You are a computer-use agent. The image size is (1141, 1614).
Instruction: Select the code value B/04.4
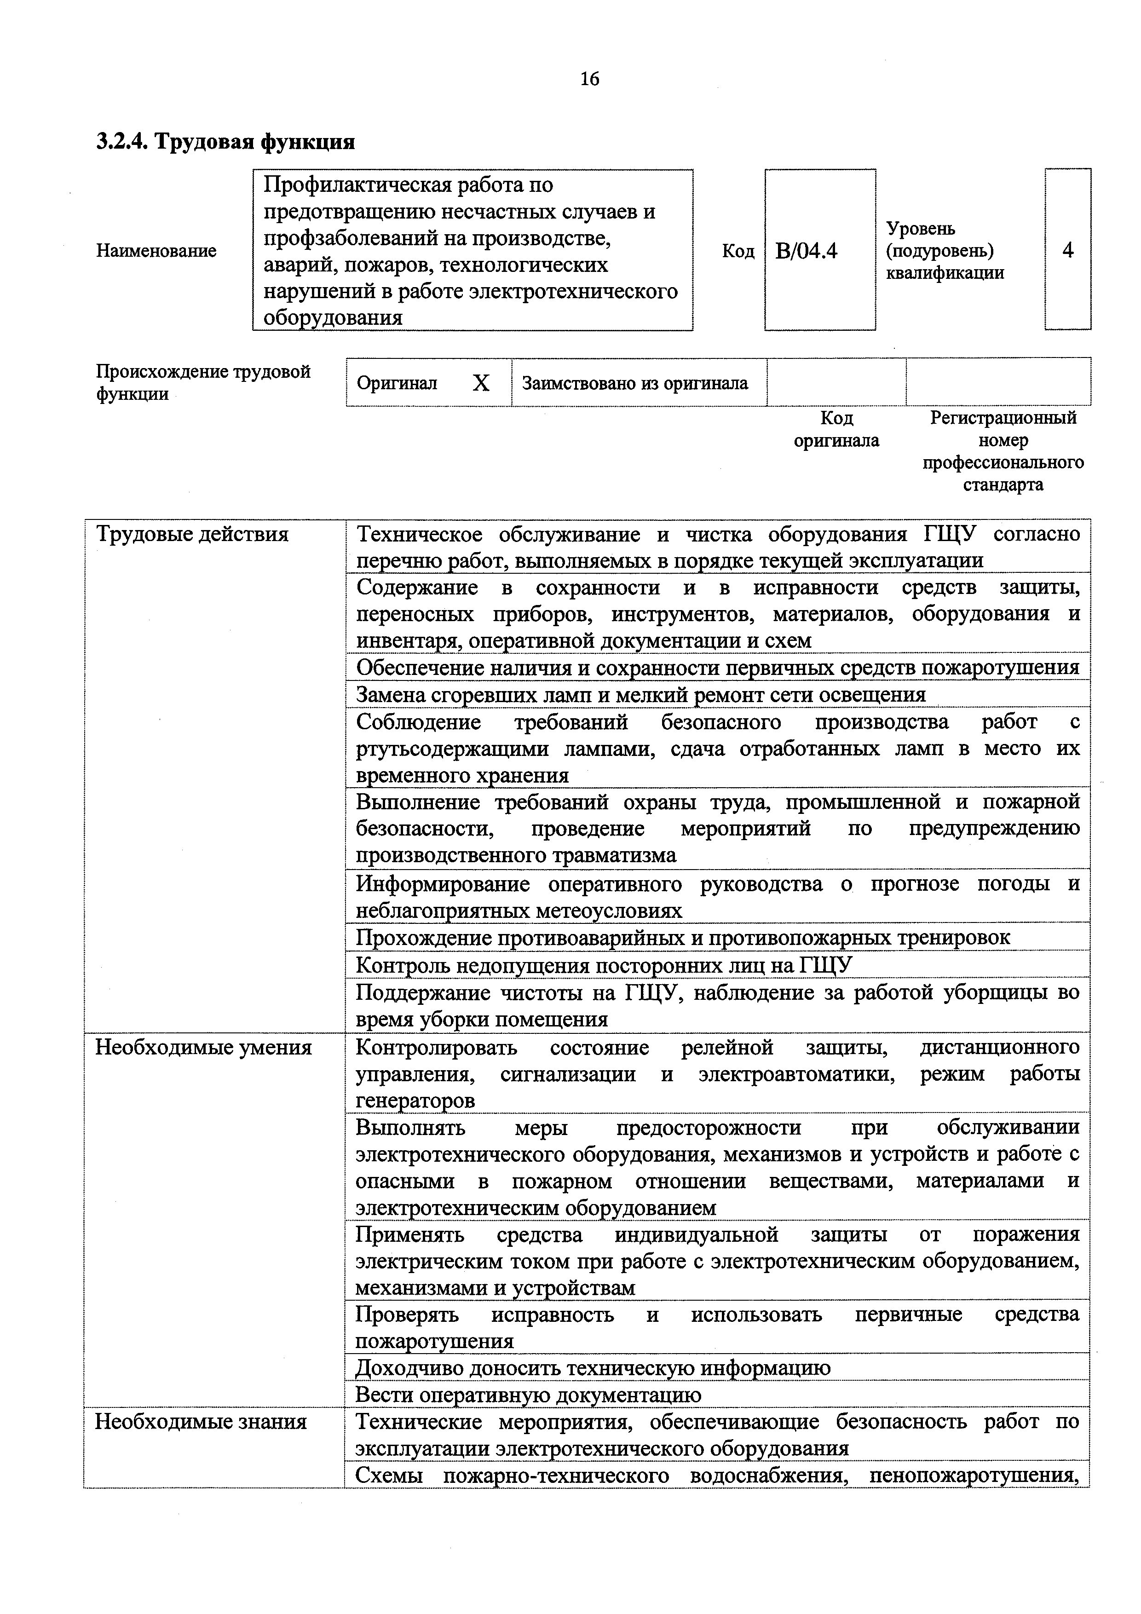point(807,251)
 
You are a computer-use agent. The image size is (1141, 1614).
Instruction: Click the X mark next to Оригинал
point(481,383)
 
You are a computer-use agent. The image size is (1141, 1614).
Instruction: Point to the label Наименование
point(156,251)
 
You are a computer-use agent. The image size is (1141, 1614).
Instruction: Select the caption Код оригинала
point(836,430)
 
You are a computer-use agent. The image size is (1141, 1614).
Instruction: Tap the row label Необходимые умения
point(203,1048)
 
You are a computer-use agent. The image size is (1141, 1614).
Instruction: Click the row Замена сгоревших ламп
point(640,695)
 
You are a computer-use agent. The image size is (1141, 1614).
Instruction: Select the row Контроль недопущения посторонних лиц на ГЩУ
point(603,965)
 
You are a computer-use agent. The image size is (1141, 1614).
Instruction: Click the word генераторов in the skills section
point(415,1101)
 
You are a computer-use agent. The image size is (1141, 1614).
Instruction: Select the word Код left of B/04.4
point(738,251)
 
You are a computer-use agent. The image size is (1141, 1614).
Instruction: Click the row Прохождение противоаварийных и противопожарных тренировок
point(683,938)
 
